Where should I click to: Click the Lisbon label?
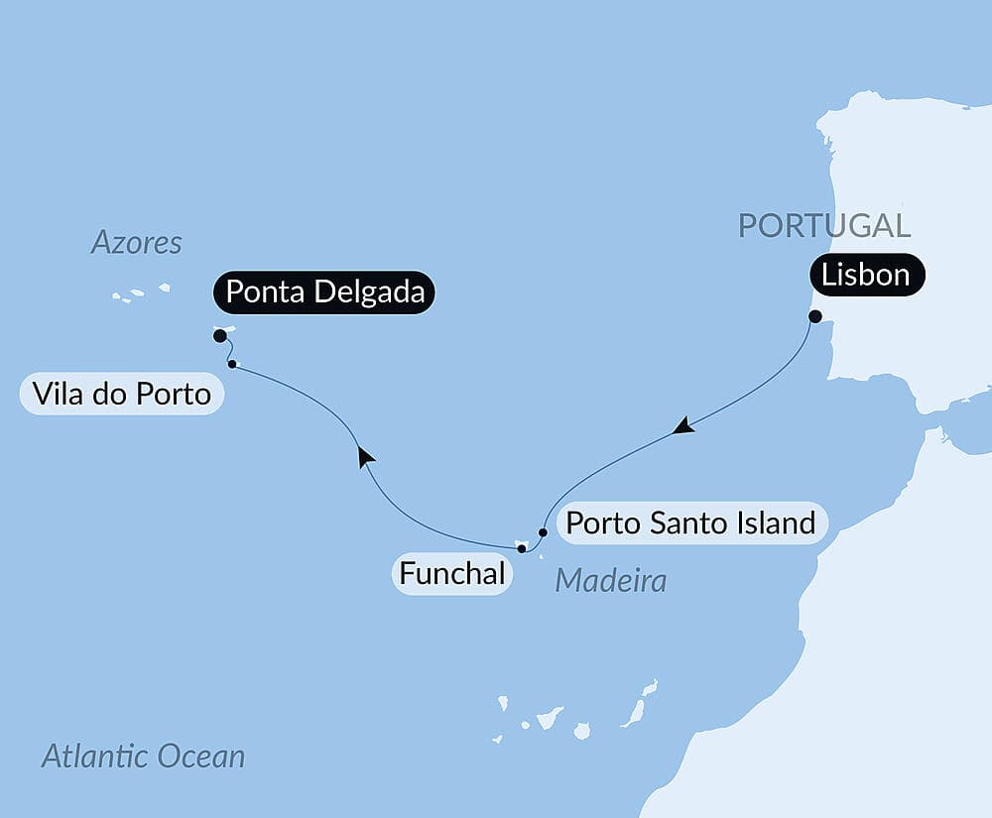pyautogui.click(x=866, y=275)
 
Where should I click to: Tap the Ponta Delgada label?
pyautogui.click(x=324, y=292)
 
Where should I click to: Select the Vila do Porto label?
pyautogui.click(x=121, y=395)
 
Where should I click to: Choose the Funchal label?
pyautogui.click(x=452, y=573)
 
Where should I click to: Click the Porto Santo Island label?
pyautogui.click(x=690, y=523)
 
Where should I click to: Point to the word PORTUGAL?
pyautogui.click(x=823, y=225)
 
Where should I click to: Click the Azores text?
pyautogui.click(x=137, y=243)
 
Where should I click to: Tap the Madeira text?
pyautogui.click(x=610, y=581)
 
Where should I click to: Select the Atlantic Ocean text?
pyautogui.click(x=143, y=758)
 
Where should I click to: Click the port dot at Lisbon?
pyautogui.click(x=815, y=317)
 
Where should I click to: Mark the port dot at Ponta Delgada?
pyautogui.click(x=220, y=336)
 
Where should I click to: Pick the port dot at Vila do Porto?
pyautogui.click(x=232, y=365)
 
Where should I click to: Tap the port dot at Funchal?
pyautogui.click(x=522, y=547)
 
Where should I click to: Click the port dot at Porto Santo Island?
pyautogui.click(x=543, y=531)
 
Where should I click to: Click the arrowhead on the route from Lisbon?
pyautogui.click(x=682, y=426)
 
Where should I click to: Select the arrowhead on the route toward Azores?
pyautogui.click(x=366, y=455)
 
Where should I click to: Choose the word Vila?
pyautogui.click(x=58, y=395)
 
